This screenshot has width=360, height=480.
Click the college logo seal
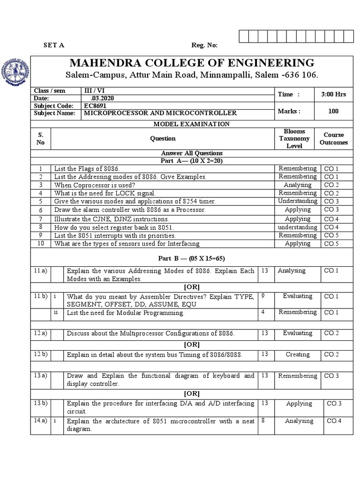point(17,71)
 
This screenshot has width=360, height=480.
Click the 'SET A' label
point(54,45)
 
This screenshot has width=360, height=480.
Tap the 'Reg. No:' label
point(204,45)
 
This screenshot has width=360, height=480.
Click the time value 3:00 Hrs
point(333,94)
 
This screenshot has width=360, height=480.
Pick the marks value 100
point(333,111)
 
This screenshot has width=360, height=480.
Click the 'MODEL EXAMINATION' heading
point(192,124)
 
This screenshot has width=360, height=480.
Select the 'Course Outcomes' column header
point(333,139)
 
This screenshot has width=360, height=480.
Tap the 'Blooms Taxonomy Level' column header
point(294,139)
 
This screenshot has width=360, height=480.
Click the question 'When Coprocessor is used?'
point(95,185)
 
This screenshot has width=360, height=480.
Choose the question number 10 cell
point(41,243)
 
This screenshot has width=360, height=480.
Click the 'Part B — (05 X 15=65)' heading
point(191,258)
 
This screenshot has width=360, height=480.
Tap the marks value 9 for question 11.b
point(263,296)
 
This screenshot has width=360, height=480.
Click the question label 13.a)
point(40,375)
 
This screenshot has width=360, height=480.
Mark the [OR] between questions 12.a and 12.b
point(191,345)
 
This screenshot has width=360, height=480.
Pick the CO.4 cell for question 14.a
point(334,421)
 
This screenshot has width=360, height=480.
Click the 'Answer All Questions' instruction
point(192,153)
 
